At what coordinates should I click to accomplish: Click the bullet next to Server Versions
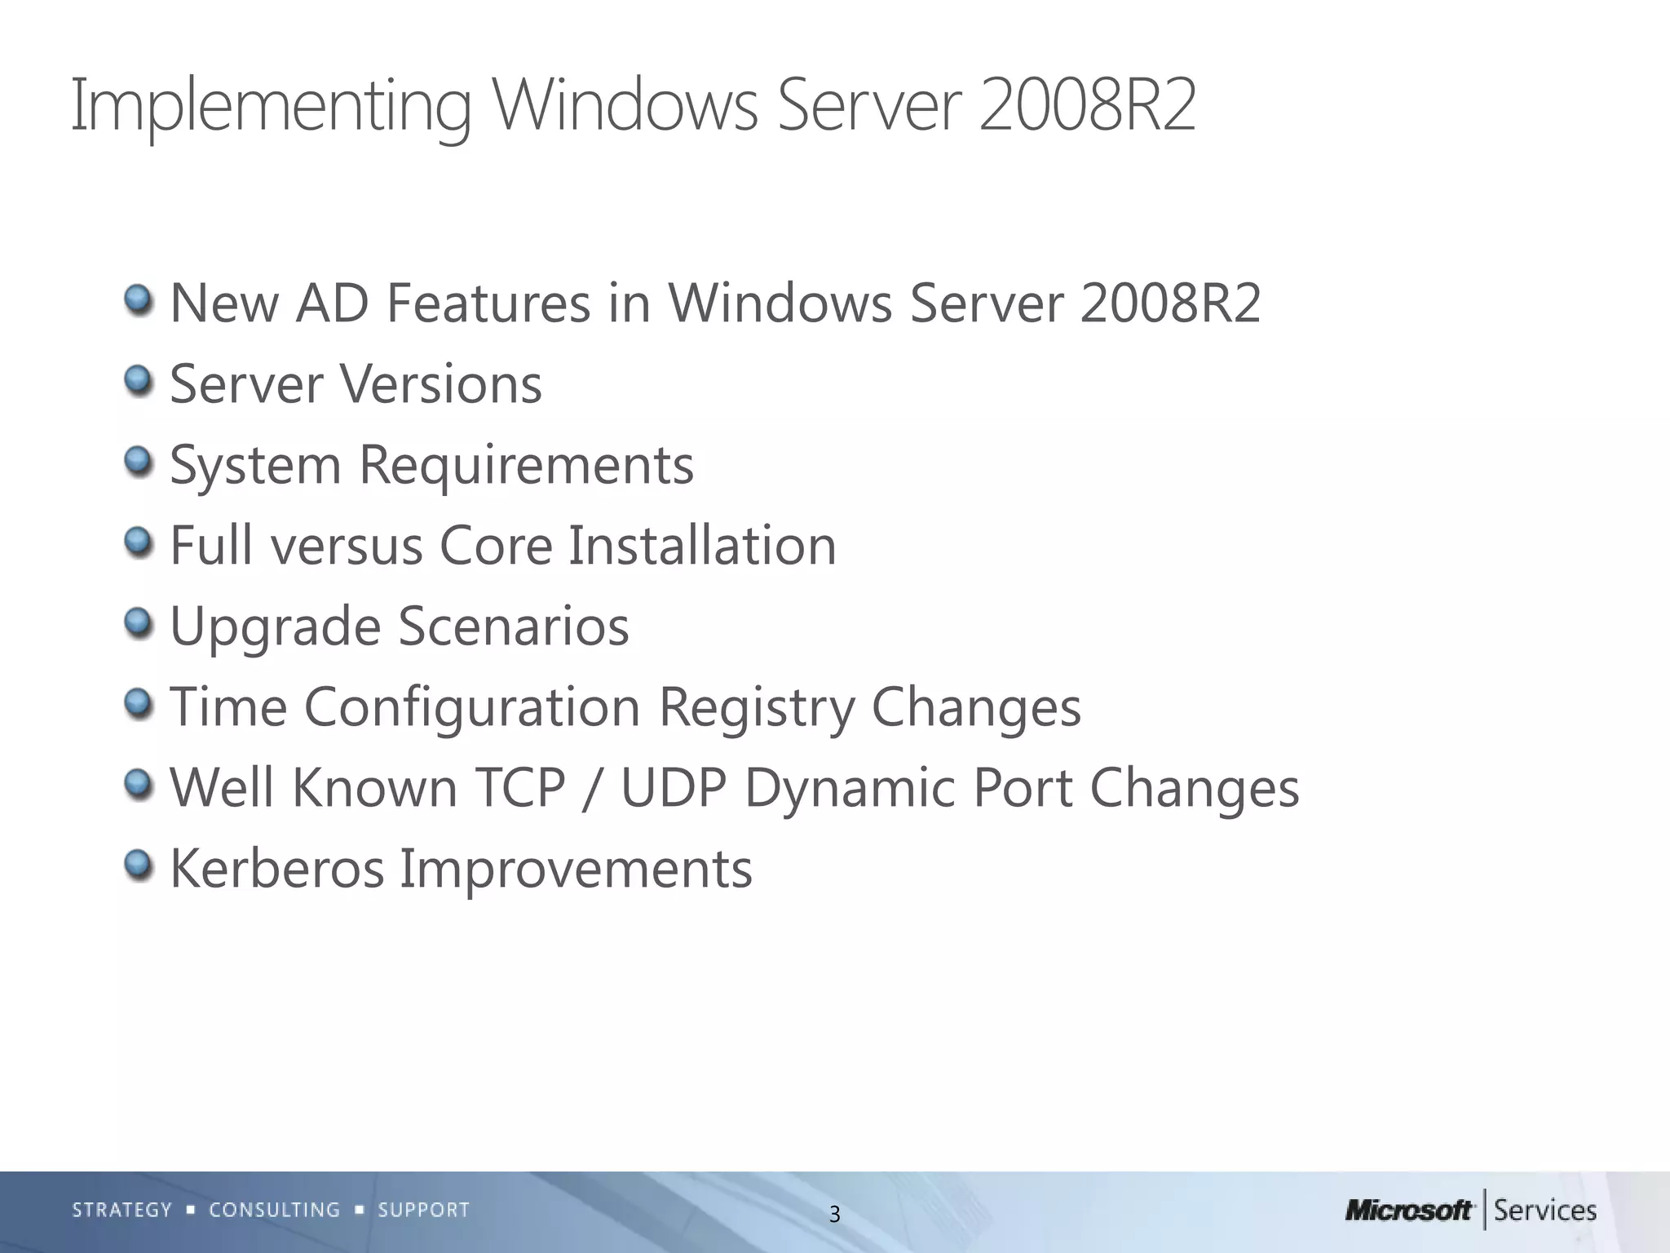139,380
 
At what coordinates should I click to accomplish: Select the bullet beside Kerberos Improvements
139,865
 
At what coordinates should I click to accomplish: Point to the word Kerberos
276,868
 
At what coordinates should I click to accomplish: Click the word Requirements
526,465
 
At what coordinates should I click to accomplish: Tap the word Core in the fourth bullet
496,545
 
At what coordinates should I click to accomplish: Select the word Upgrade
275,626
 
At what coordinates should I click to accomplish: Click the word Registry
756,706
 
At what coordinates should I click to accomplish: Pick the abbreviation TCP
519,788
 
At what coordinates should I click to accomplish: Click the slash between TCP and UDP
593,790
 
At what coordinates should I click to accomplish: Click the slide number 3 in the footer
834,1215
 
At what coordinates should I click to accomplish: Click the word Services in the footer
1545,1211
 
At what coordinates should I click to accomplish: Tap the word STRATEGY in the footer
122,1210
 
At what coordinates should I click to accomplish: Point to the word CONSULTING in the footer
275,1210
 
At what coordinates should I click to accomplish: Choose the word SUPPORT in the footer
424,1210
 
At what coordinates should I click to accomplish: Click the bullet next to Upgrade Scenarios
139,622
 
